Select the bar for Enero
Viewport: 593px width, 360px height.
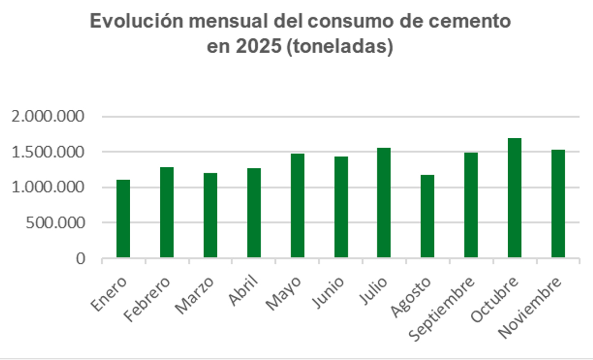123,219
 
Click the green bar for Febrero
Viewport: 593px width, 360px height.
167,212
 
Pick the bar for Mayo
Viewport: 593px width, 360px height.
298,206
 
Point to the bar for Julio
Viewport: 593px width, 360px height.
384,203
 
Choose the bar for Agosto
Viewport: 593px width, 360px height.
427,216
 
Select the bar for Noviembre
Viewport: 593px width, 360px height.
558,203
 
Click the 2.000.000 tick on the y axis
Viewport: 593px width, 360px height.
48,117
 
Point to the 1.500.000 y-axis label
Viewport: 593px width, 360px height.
48,152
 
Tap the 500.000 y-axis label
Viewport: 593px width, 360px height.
55,223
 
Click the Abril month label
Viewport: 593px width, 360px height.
244,291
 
